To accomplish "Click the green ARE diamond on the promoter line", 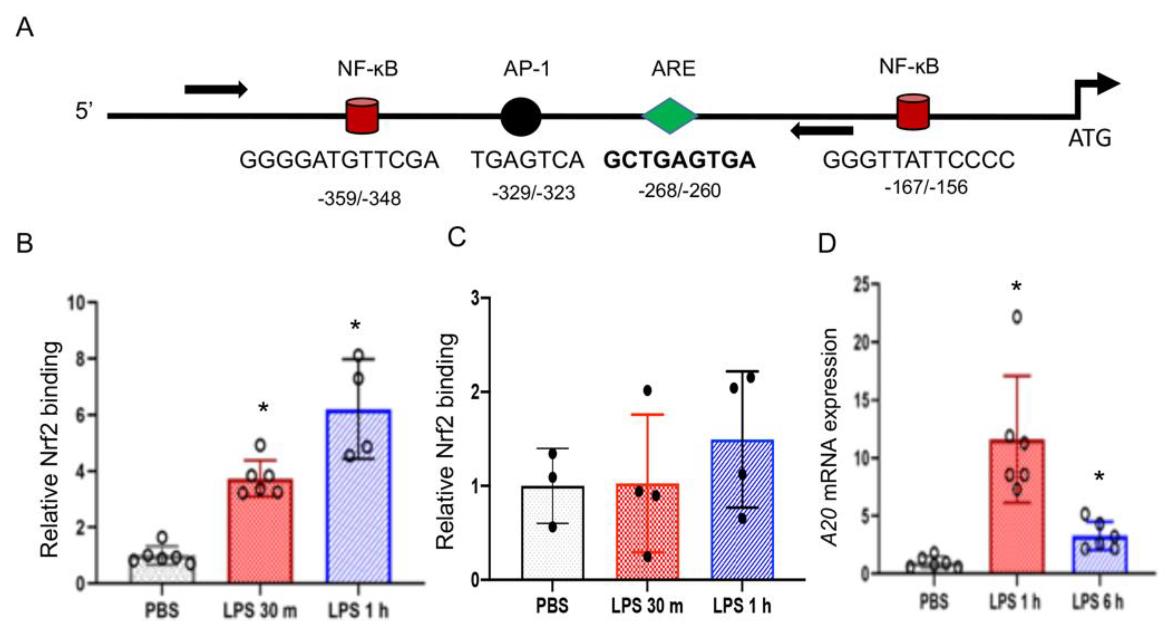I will pos(670,116).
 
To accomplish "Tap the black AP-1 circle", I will pos(521,116).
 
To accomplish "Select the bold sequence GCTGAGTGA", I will pos(679,160).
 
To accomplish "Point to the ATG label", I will pos(1090,138).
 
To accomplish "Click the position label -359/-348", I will pos(359,198).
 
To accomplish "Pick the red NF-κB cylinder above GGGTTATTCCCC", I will pos(913,112).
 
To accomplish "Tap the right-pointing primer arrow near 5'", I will pos(216,89).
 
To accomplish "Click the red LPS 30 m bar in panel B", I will pos(260,530).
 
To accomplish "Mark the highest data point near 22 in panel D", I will pos(1017,317).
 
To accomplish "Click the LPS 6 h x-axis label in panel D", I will pos(1098,602).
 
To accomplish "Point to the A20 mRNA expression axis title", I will pos(829,437).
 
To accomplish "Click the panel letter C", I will pos(456,237).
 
